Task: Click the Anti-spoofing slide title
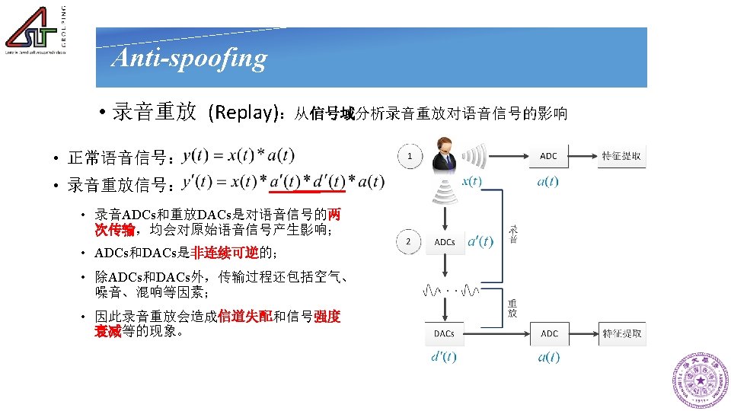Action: tap(189, 58)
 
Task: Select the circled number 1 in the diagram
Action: tap(410, 157)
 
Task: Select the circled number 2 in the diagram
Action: tap(410, 242)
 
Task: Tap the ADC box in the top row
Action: tap(548, 156)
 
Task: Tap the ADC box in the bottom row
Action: tap(549, 333)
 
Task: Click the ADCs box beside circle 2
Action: tap(444, 242)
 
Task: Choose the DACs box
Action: tap(444, 333)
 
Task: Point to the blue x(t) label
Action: tap(471, 181)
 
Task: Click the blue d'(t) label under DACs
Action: tap(444, 357)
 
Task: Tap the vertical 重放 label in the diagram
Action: tap(512, 307)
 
